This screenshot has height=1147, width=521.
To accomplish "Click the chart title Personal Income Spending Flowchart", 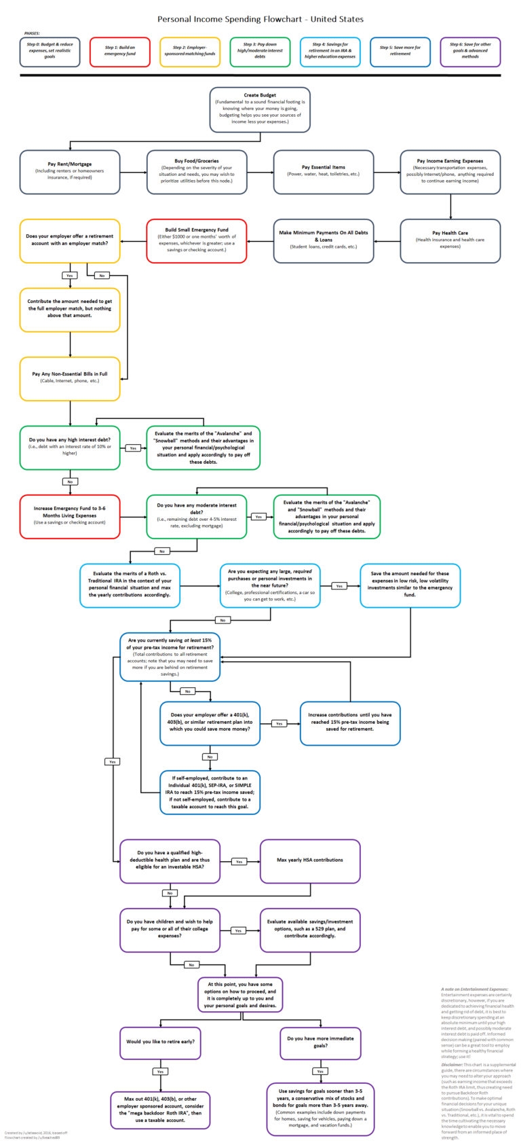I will (260, 20).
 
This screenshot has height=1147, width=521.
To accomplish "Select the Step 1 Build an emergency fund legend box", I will (120, 52).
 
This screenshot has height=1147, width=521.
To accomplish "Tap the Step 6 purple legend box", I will (470, 52).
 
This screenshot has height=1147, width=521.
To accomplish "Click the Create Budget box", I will (260, 109).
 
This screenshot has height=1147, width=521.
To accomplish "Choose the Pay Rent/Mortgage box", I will (70, 172).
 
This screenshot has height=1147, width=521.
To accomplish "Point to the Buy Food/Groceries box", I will (197, 172).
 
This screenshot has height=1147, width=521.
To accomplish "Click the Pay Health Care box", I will (450, 240).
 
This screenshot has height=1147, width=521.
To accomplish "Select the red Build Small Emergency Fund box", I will (197, 240).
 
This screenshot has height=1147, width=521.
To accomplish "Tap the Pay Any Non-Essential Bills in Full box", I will (70, 378).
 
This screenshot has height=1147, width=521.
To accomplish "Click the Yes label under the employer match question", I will (70, 276).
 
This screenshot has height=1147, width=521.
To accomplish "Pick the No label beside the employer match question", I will (102, 276).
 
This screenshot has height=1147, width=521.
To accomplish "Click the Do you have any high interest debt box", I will (70, 448).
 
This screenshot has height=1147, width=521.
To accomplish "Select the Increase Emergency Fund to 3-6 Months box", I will (70, 516).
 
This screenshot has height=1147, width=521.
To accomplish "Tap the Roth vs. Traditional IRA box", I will (130, 585).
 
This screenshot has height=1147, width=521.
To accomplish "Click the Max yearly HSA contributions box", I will (310, 860).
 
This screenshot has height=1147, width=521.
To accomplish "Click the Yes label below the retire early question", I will (160, 1072).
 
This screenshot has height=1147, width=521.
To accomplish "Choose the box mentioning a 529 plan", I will (310, 930).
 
